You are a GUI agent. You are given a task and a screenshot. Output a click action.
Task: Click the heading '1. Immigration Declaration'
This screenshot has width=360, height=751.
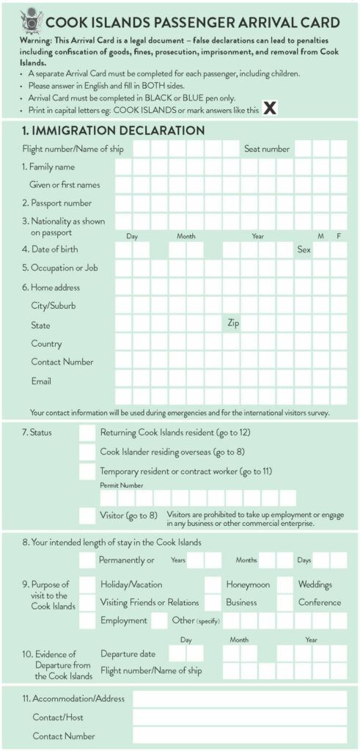[112, 131]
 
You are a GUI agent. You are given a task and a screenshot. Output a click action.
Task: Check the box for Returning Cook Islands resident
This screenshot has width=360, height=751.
[87, 433]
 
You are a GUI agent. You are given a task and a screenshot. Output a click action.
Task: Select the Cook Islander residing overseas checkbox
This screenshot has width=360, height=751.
[87, 452]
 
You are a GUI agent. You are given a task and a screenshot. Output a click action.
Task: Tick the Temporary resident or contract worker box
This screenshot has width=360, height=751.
[87, 471]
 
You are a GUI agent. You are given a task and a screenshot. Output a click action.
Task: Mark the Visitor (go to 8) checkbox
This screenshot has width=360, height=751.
[87, 515]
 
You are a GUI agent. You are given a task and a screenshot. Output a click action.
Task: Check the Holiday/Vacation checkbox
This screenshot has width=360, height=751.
[87, 585]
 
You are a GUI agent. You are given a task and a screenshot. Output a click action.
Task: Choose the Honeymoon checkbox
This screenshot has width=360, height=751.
[213, 585]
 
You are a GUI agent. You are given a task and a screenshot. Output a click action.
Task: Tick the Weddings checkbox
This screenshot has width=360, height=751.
[284, 585]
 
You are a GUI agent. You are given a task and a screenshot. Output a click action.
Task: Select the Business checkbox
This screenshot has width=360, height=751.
[213, 602]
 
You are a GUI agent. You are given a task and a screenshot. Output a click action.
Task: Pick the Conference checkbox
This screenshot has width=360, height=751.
[284, 602]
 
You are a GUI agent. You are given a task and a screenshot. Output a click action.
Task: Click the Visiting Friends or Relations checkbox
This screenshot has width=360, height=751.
[87, 602]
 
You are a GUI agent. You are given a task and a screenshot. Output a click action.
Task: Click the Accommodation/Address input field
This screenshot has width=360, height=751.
[239, 699]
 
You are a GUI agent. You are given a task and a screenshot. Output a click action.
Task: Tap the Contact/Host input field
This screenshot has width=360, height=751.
[239, 717]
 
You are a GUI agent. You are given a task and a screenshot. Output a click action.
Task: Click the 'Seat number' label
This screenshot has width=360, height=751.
[267, 149]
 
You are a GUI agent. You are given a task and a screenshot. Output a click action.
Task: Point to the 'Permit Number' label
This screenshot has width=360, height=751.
[121, 486]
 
